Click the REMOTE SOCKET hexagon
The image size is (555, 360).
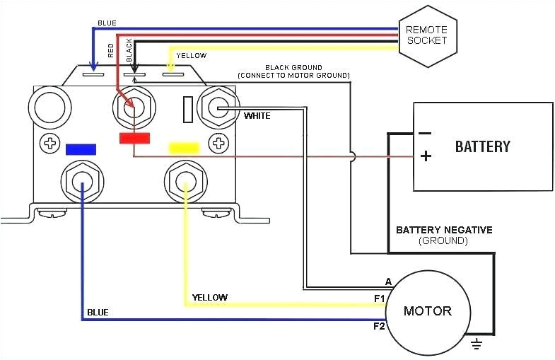428,35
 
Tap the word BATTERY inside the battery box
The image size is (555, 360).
482,146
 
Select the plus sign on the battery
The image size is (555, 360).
426,156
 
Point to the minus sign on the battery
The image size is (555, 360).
425,134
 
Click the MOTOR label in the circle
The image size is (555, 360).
428,310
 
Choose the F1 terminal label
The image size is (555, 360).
380,298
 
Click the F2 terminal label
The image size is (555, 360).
380,325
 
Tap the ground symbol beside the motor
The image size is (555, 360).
477,343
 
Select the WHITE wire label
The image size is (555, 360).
257,116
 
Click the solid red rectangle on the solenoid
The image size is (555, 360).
134,138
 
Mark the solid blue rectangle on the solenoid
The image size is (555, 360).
81,149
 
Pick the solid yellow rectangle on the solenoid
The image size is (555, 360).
184,148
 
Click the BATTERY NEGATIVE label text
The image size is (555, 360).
444,230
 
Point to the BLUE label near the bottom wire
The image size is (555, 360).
98,313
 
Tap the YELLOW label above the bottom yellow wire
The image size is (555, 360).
209,297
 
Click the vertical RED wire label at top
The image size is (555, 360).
111,50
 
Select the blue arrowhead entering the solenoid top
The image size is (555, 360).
93,66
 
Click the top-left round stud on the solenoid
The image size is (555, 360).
49,106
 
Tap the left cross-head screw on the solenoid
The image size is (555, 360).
49,144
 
